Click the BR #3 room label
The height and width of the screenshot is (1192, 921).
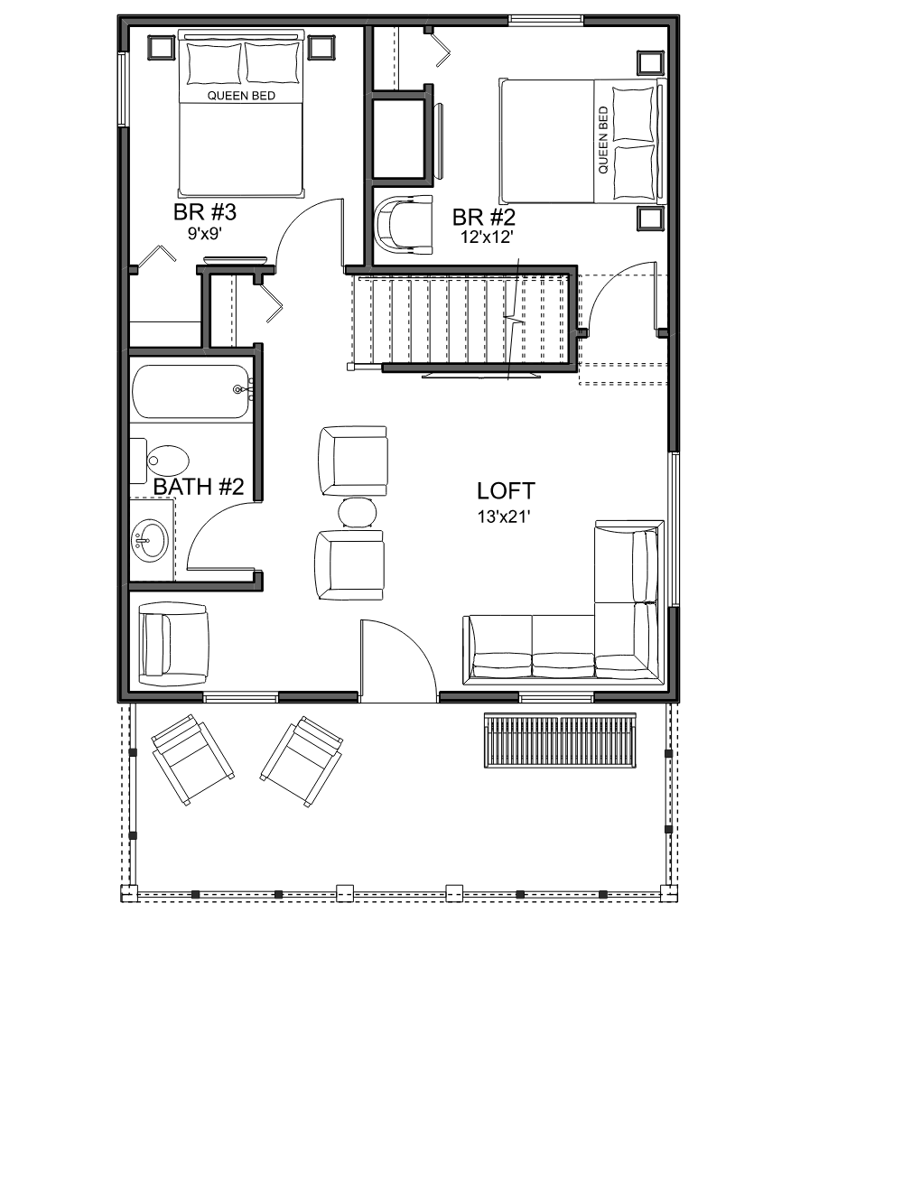(x=205, y=212)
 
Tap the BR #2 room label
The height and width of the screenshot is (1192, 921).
(x=484, y=218)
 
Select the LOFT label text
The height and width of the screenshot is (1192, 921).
(x=506, y=491)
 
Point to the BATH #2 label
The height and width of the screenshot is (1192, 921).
(x=198, y=487)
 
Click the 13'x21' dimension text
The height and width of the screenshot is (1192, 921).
(x=504, y=517)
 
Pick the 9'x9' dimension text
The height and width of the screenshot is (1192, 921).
(x=205, y=234)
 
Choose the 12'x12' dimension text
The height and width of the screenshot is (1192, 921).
(x=487, y=237)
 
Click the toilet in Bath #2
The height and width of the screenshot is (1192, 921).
(x=160, y=461)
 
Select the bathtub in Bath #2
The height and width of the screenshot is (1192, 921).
(x=192, y=392)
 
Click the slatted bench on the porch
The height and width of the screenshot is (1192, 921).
(x=560, y=740)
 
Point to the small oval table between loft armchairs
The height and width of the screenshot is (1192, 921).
(x=358, y=512)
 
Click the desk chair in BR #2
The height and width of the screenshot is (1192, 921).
(x=405, y=225)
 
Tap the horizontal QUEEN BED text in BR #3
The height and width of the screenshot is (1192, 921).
(x=241, y=96)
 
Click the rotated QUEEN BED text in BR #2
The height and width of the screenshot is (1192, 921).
(x=603, y=141)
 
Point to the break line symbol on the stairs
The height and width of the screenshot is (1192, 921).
(x=514, y=318)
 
